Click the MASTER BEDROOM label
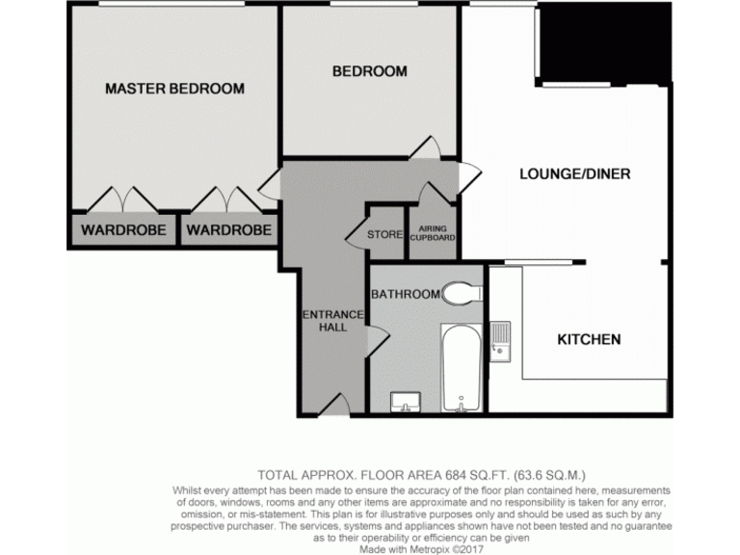pyautogui.click(x=174, y=89)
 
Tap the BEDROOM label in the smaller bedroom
pyautogui.click(x=369, y=71)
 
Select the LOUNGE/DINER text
pyautogui.click(x=574, y=174)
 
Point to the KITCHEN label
pyautogui.click(x=589, y=339)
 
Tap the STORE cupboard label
pyautogui.click(x=385, y=234)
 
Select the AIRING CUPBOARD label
pyautogui.click(x=432, y=234)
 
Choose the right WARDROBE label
pyautogui.click(x=227, y=230)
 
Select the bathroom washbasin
pyautogui.click(x=402, y=401)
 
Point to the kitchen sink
pyautogui.click(x=500, y=342)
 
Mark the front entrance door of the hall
pyautogui.click(x=332, y=406)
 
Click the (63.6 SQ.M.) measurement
pyautogui.click(x=549, y=474)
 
